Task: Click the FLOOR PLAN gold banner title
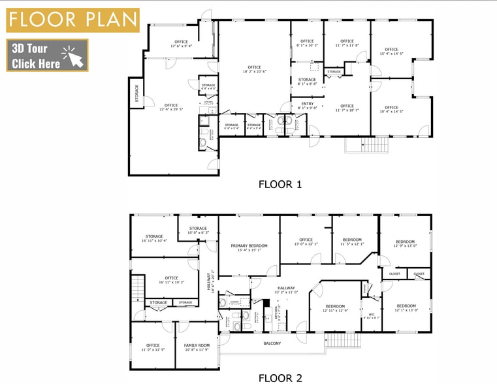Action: (72, 20)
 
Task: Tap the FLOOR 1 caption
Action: (280, 184)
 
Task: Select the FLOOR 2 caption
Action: (280, 377)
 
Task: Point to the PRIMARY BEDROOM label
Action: (249, 246)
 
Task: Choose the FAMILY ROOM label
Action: (196, 345)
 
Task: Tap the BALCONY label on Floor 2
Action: (272, 344)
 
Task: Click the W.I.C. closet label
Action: (370, 315)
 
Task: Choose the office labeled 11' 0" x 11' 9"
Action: (153, 346)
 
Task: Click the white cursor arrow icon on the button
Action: (74, 56)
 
